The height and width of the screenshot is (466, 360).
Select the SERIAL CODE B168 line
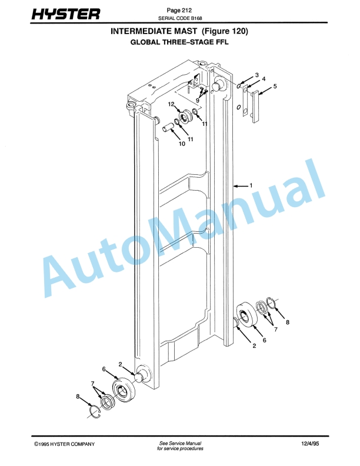(x=180, y=18)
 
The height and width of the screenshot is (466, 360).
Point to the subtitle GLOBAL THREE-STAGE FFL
(x=179, y=42)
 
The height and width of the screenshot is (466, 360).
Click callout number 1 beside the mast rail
(x=251, y=185)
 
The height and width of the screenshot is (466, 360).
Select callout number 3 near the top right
(x=257, y=75)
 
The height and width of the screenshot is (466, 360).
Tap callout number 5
(x=275, y=86)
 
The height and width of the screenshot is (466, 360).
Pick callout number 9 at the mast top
(x=198, y=101)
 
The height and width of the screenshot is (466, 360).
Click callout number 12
(x=172, y=105)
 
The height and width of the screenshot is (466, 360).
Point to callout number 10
(x=182, y=143)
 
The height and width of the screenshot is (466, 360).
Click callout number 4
(x=264, y=79)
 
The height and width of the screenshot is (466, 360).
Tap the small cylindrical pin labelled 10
(x=167, y=126)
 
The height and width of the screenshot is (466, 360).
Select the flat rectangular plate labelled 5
(x=255, y=106)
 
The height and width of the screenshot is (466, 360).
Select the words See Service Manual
(x=180, y=442)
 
